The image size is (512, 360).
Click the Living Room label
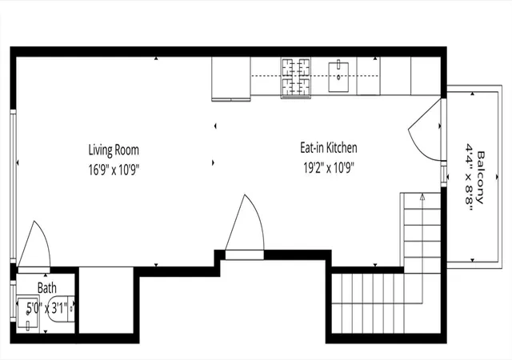point(114,150)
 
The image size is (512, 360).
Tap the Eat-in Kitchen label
point(329,148)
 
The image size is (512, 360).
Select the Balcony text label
point(480,178)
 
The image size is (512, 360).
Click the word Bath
point(47,288)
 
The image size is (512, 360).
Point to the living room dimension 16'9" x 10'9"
point(114,170)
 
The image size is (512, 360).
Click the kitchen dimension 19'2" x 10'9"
point(329,168)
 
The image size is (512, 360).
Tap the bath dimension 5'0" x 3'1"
point(47,308)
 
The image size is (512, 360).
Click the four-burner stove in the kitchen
point(295,78)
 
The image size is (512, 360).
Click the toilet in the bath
point(61,309)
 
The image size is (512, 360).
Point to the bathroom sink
point(28,314)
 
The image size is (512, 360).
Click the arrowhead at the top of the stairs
point(422,197)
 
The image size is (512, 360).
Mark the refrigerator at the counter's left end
point(231,78)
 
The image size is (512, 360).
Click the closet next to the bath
point(106,300)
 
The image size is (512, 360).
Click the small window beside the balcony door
point(444,174)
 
